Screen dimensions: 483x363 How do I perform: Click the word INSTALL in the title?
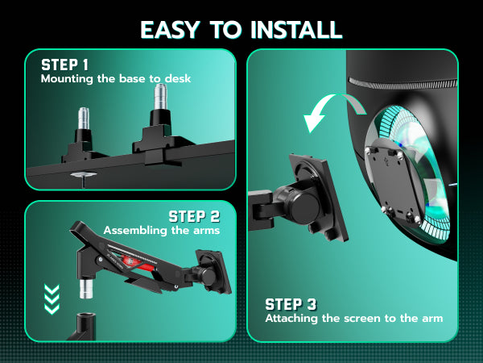point(296,30)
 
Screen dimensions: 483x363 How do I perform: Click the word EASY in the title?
point(170,30)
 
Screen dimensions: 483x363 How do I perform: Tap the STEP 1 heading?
point(64,65)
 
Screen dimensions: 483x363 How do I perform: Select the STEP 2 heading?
point(194,216)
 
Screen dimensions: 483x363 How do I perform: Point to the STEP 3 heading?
point(291,304)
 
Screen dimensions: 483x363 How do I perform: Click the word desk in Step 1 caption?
point(178,78)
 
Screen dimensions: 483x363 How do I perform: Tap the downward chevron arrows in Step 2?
point(52,299)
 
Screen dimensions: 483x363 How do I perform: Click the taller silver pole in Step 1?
point(160,96)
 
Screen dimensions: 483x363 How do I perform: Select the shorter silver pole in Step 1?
point(84,119)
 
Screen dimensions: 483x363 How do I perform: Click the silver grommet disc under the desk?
point(83,175)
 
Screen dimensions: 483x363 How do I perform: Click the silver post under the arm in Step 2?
point(86,289)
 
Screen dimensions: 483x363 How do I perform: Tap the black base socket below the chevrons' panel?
point(83,327)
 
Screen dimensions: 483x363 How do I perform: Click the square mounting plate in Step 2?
point(214,272)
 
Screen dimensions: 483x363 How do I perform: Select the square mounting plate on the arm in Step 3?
point(317,198)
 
